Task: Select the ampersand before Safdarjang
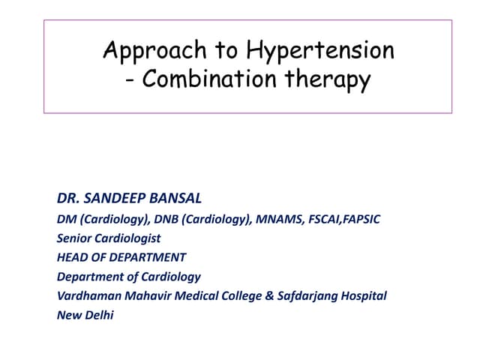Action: pyautogui.click(x=269, y=295)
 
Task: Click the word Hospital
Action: pyautogui.click(x=364, y=295)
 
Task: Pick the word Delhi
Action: pyautogui.click(x=97, y=315)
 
